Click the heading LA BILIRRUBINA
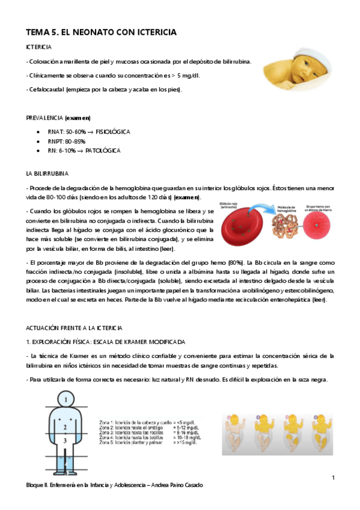pyautogui.click(x=47, y=173)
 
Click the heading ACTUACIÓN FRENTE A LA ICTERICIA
pyautogui.click(x=74, y=328)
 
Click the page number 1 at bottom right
pyautogui.click(x=333, y=478)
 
